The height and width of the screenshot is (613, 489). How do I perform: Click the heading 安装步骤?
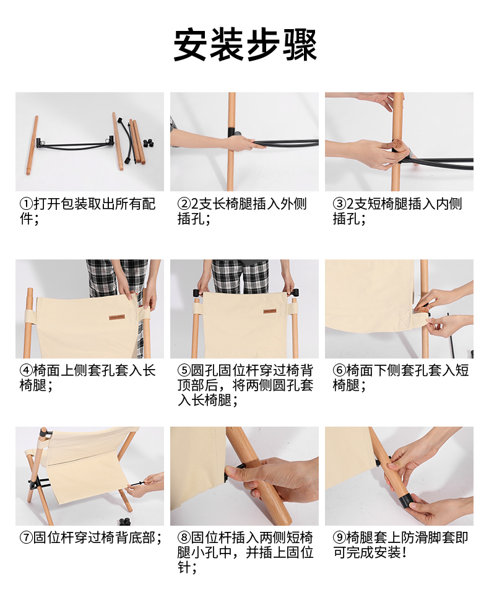coord(244,45)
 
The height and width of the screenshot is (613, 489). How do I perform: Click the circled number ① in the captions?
coord(26,204)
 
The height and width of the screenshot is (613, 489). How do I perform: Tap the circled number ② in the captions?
coord(184,204)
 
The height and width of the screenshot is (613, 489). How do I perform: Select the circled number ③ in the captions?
coord(339,204)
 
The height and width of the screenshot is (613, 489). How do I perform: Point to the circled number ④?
coord(26,370)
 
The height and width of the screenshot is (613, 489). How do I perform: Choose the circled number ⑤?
coord(184,370)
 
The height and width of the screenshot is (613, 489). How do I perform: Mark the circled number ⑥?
coord(339,370)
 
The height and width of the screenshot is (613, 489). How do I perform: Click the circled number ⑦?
coord(26,537)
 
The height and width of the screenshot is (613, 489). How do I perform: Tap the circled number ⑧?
coord(184,537)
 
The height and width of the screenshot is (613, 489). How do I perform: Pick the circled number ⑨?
coord(339,537)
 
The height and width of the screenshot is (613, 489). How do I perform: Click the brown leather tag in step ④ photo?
coord(117,316)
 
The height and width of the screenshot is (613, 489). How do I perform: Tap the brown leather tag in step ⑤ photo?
coord(269,311)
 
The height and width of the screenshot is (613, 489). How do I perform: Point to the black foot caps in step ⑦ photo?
coord(124,521)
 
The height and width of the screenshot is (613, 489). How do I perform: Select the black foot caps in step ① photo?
coord(147,143)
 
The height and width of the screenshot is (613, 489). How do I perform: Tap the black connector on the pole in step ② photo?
coord(232,132)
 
